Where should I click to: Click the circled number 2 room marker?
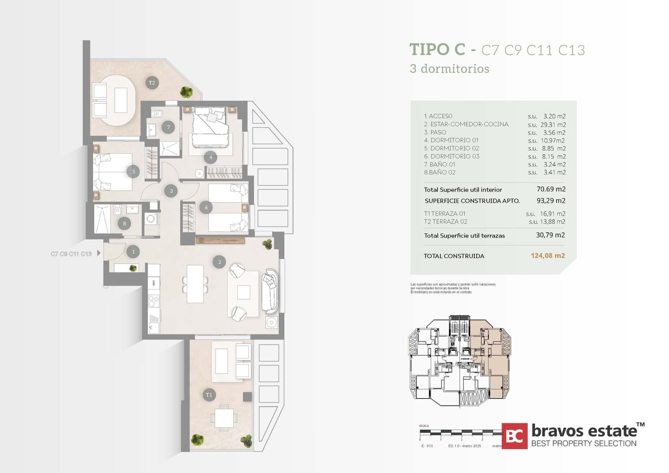tap(220, 262)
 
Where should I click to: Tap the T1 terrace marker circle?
tap(209, 395)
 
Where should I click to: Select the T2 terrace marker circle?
tap(152, 83)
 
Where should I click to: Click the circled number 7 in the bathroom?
tap(168, 127)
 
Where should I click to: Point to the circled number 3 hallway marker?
tap(171, 191)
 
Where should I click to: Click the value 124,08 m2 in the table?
tap(548, 256)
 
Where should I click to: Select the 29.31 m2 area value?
tap(553, 125)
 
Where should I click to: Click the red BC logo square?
tap(514, 436)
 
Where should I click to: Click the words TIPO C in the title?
tap(437, 49)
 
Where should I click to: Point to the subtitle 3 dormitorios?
tap(449, 69)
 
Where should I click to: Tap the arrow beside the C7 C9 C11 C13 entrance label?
tap(99, 253)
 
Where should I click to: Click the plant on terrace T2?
tap(186, 92)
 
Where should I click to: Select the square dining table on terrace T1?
tap(224, 417)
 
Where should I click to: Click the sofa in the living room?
tap(270, 291)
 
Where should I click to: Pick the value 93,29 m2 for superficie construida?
tap(551, 201)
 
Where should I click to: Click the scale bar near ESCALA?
tap(460, 432)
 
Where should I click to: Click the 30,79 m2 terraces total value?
tap(550, 235)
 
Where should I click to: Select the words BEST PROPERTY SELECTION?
tap(584, 443)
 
